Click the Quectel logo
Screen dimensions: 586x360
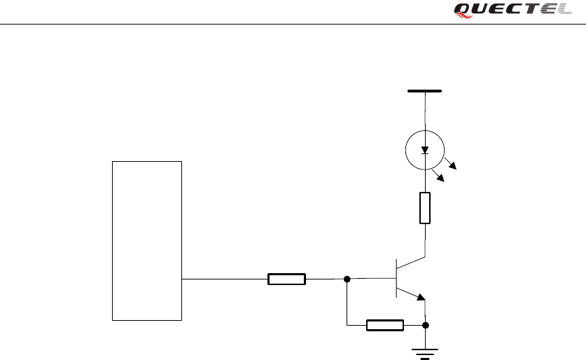pyautogui.click(x=512, y=9)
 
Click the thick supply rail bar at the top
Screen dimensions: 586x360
pyautogui.click(x=424, y=91)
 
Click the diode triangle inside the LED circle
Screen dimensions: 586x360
pyautogui.click(x=425, y=149)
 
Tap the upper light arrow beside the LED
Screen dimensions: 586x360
pyautogui.click(x=452, y=166)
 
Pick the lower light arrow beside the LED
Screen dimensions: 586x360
pyautogui.click(x=441, y=177)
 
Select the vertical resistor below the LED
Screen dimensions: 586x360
pyautogui.click(x=425, y=208)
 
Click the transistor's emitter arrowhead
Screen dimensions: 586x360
pyautogui.click(x=421, y=297)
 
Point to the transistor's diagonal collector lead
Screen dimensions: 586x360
pyautogui.click(x=412, y=264)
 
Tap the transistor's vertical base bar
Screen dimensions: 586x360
pyautogui.click(x=397, y=278)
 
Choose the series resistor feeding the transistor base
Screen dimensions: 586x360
pyautogui.click(x=286, y=279)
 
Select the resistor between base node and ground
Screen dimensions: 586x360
pyautogui.click(x=385, y=325)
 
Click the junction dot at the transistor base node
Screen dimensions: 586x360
pyautogui.click(x=347, y=279)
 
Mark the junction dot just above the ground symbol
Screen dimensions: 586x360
pyautogui.click(x=426, y=325)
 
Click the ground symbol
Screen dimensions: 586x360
pyautogui.click(x=425, y=351)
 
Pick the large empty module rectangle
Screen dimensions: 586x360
pyautogui.click(x=147, y=240)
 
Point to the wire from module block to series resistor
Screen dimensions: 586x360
pyautogui.click(x=224, y=279)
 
